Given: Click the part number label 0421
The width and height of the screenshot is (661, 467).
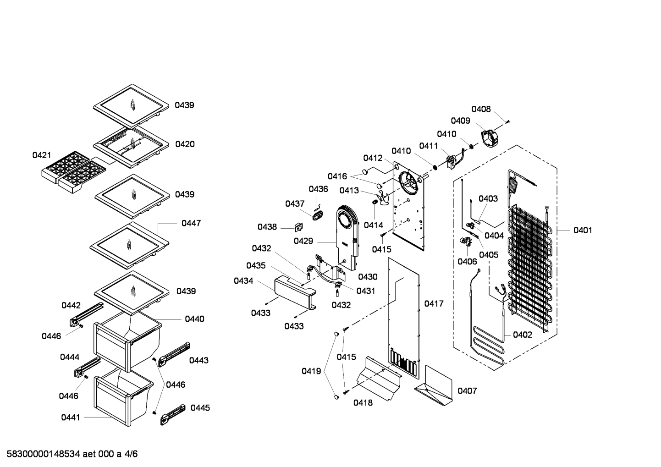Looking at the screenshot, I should point(41,155).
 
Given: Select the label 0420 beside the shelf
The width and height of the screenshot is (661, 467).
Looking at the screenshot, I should point(185,144).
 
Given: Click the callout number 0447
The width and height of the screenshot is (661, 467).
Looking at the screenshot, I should point(191,223).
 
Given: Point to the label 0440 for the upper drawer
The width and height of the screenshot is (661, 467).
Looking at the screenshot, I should point(194,319).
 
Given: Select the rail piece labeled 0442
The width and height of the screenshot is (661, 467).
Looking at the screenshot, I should point(85,313).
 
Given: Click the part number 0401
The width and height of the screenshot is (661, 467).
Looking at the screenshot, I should point(583,230).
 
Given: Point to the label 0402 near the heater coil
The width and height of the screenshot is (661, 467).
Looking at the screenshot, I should point(523,335).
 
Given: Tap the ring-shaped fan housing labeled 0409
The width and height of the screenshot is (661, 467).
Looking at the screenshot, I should point(488,136).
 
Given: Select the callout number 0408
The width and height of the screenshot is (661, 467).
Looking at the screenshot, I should point(481,109).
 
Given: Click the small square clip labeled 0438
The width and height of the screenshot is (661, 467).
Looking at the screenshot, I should point(298,226).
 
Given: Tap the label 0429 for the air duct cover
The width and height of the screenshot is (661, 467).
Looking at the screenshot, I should point(303,241).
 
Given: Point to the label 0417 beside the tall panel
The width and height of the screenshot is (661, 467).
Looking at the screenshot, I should point(434,303).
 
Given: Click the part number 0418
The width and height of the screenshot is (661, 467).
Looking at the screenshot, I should point(363,402).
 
